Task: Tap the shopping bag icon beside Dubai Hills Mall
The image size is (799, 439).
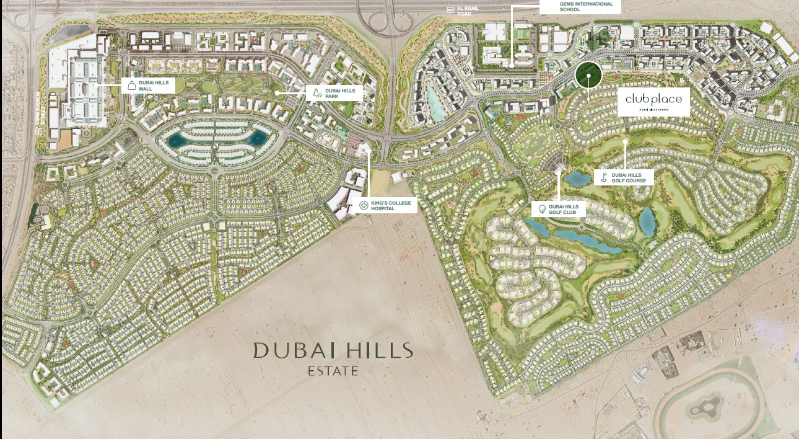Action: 131,86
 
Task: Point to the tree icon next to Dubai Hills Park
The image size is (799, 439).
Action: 317,94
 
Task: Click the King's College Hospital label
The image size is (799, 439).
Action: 390,206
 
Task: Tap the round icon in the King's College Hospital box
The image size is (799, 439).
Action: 364,205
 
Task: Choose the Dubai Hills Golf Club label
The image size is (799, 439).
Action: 562,209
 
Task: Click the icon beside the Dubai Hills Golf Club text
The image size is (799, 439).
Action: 542,209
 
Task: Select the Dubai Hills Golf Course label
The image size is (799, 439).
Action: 629,178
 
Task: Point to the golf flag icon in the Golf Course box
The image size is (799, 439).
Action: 604,178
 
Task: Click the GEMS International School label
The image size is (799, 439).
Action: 577,6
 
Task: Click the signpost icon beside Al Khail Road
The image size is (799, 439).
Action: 451,10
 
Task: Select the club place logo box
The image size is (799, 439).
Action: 653,101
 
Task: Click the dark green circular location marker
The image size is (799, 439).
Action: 588,75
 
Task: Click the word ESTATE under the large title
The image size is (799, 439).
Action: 333,371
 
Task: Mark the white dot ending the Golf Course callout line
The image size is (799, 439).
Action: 626,141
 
